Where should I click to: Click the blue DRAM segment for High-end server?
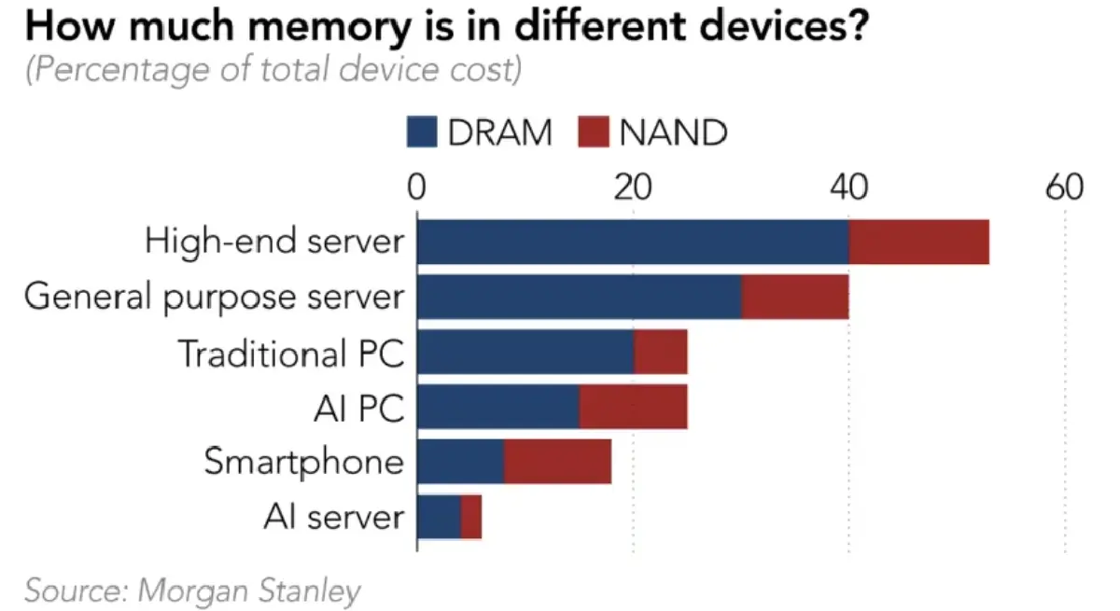[633, 242]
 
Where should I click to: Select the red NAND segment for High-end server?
[918, 242]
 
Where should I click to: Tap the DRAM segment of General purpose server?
[579, 297]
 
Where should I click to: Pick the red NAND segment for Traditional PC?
[661, 352]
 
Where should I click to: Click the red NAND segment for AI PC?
[634, 407]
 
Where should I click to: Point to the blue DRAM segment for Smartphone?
[460, 462]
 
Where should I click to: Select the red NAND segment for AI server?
[471, 517]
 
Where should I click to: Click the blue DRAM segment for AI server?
[439, 517]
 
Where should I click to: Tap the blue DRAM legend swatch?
[422, 132]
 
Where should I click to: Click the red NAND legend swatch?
[594, 132]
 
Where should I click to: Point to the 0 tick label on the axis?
[417, 187]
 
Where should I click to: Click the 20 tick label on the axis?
[633, 187]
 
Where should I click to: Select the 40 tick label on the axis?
[848, 187]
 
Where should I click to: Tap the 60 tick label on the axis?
[1064, 187]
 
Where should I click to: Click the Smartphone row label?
[304, 463]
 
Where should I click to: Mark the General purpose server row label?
[214, 298]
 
